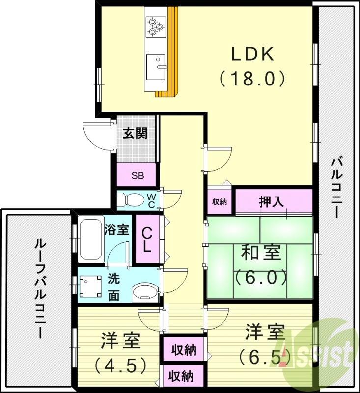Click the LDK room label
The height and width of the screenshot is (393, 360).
click(x=252, y=55)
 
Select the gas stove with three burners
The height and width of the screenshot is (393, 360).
click(x=156, y=26)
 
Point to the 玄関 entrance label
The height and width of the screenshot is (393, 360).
click(x=135, y=133)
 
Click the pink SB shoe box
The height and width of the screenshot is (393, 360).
click(x=137, y=175)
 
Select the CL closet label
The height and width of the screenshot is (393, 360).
click(x=147, y=240)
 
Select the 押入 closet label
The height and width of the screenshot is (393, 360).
click(x=273, y=201)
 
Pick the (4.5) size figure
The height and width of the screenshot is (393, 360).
click(x=120, y=365)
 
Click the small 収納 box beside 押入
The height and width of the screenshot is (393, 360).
click(x=219, y=201)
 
